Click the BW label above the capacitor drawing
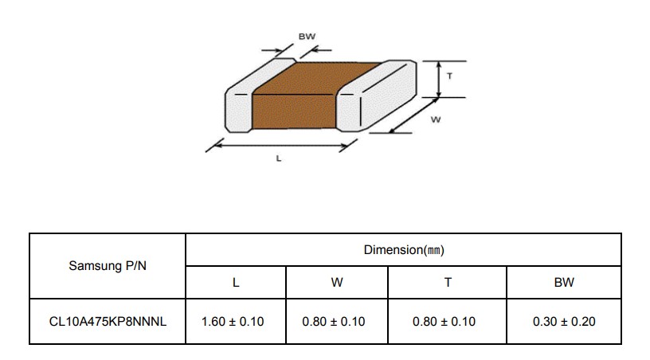[307, 37]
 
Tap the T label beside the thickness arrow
[449, 76]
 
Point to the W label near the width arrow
[435, 119]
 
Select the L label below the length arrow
[279, 158]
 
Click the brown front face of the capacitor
[293, 112]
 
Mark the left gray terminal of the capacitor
[249, 100]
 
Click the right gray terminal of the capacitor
[375, 96]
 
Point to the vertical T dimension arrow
[439, 79]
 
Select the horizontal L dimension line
[281, 146]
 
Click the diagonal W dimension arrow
[413, 115]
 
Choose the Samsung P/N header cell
[108, 265]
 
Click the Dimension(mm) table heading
[404, 250]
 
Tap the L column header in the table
[236, 283]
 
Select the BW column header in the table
[564, 283]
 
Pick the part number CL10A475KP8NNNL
[108, 322]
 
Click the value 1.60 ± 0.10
[233, 322]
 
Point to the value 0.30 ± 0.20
[564, 322]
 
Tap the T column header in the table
[448, 283]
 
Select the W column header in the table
[337, 283]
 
